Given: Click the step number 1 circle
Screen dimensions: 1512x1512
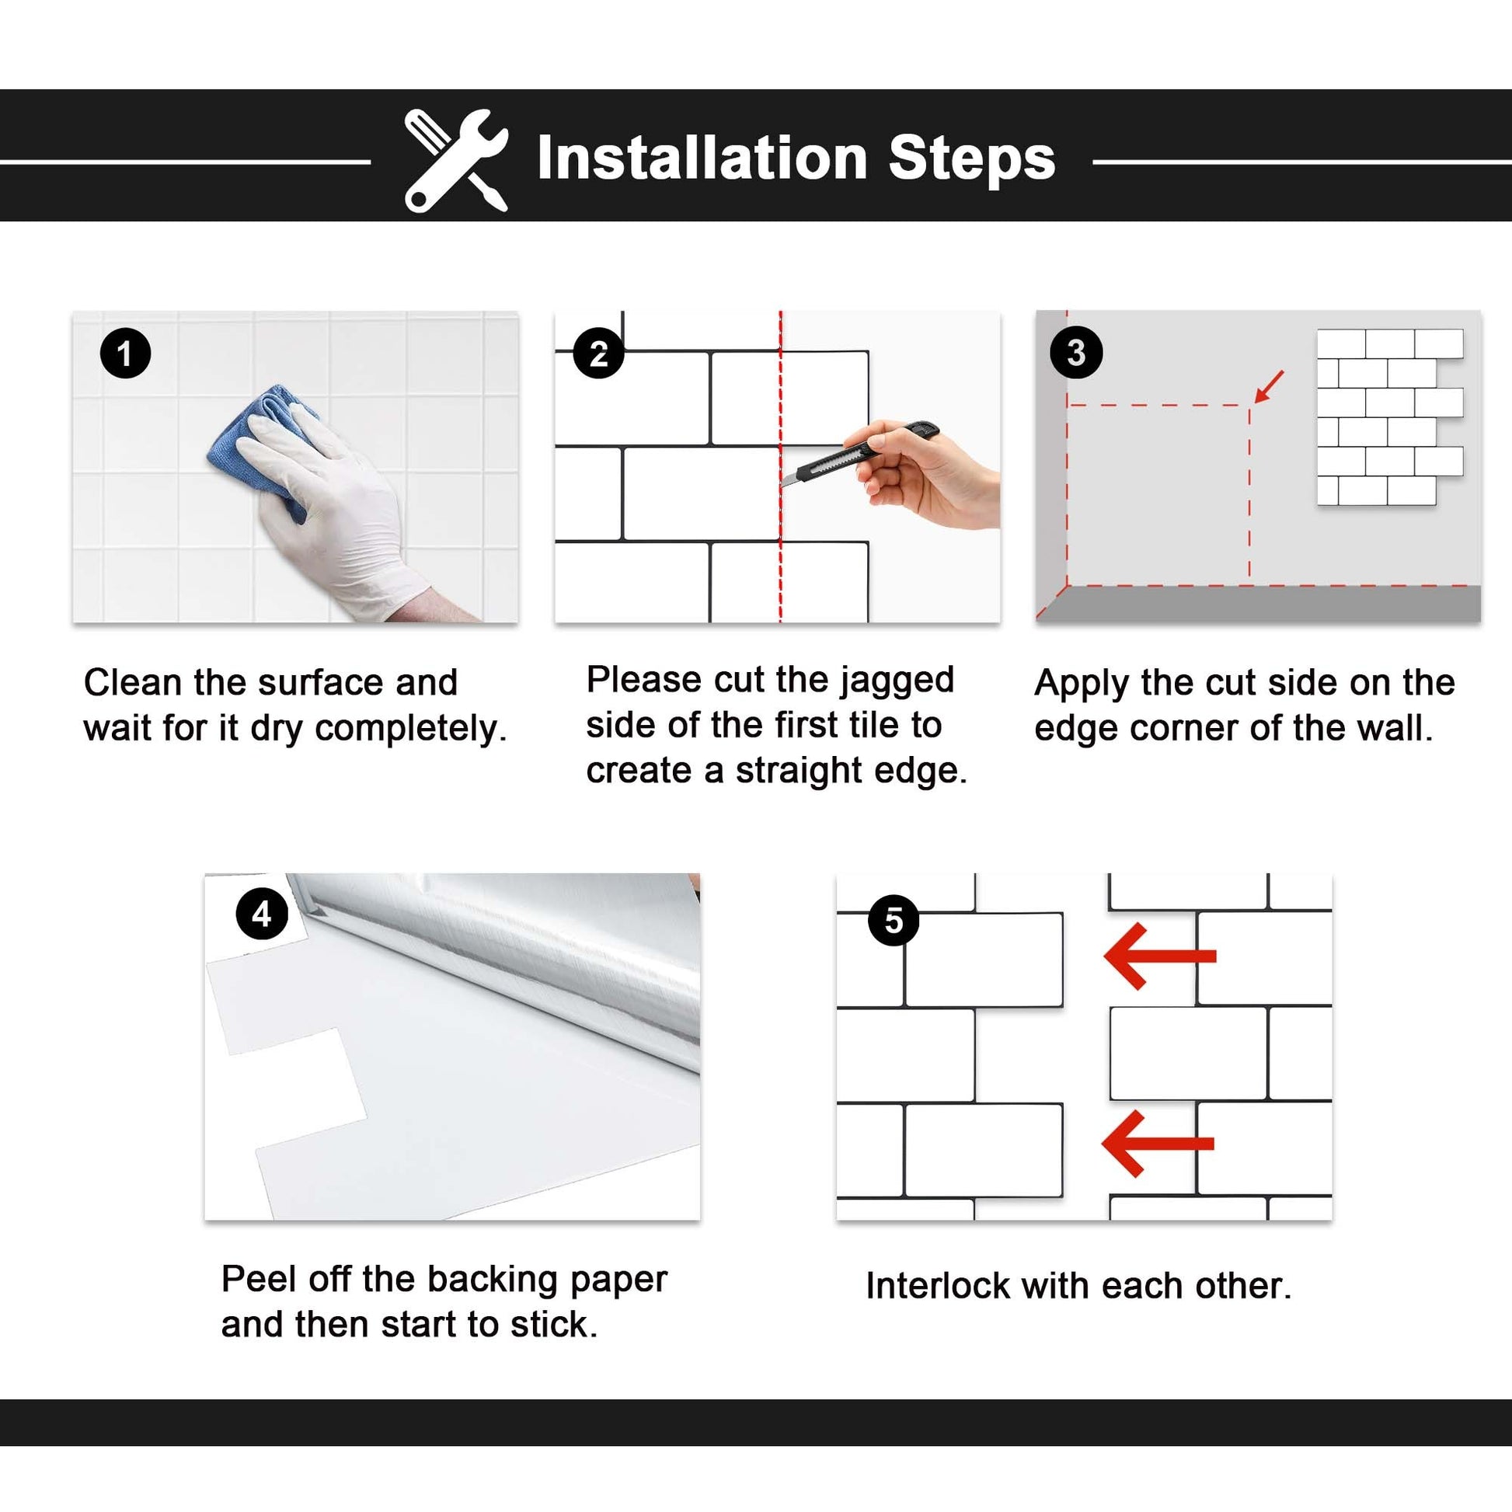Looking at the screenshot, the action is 125,354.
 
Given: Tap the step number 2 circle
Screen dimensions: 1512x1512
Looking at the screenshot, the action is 599,353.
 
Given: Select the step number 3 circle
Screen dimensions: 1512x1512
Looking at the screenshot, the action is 1076,353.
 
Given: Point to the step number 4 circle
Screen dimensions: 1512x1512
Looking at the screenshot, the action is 262,913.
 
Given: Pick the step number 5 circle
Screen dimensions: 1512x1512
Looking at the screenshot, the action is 894,921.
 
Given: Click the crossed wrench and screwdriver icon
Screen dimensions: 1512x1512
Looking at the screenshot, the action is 456,160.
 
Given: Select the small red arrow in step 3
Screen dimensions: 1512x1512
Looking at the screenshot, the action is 1269,387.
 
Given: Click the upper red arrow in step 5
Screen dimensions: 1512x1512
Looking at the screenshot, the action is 1160,956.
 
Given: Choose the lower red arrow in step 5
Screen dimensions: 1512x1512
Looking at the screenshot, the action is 1158,1144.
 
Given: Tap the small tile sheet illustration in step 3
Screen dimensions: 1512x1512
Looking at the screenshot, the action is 1390,417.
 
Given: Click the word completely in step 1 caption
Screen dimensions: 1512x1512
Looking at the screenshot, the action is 410,729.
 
